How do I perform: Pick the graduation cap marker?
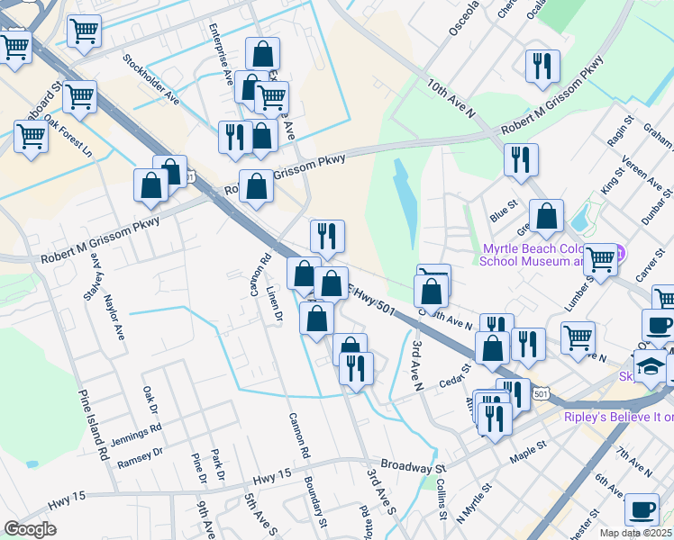(x=650, y=365)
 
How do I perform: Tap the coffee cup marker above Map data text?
(x=642, y=508)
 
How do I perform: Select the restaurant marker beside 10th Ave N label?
(x=542, y=65)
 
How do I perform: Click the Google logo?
(x=30, y=529)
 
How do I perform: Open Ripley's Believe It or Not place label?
(x=618, y=418)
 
